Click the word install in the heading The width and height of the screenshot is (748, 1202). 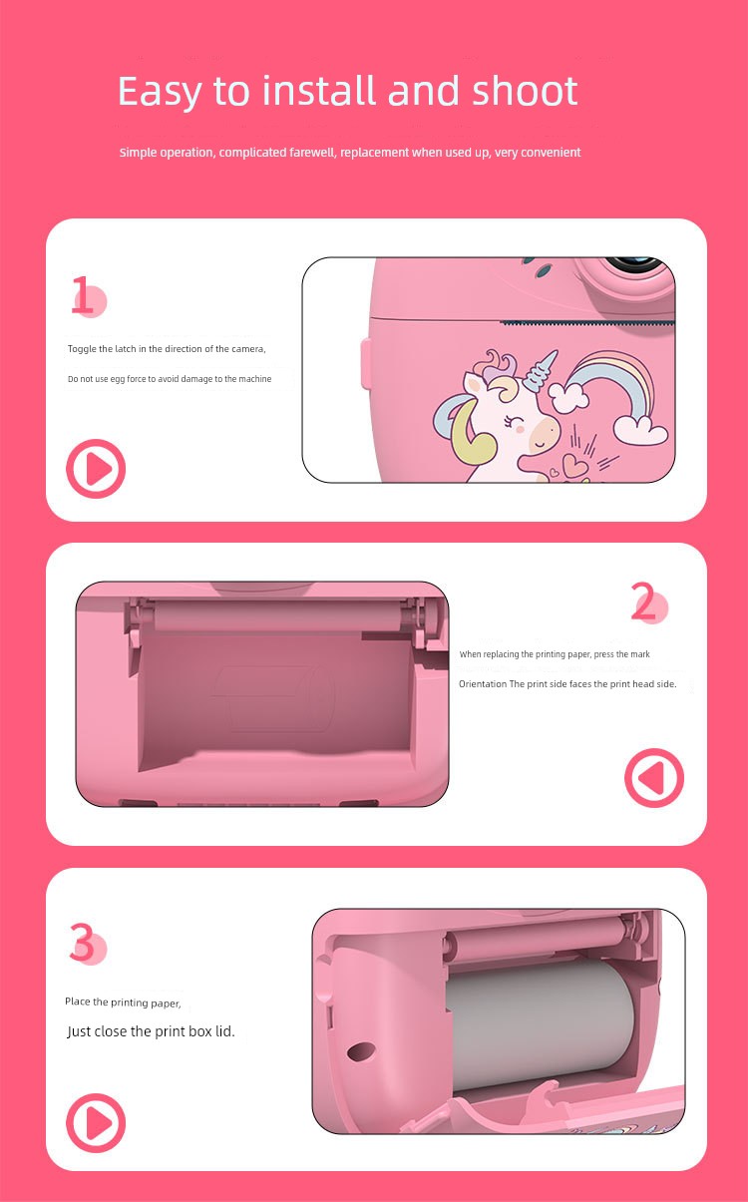(x=318, y=90)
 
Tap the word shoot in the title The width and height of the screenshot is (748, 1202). (x=525, y=90)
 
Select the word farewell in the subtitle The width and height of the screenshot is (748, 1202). (x=312, y=153)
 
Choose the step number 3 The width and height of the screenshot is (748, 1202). (x=82, y=942)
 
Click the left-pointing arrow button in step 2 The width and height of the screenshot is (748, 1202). (x=654, y=777)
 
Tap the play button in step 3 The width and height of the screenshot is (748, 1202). (x=96, y=1123)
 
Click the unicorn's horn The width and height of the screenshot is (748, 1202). (x=539, y=369)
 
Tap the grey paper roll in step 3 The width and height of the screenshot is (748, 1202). (x=541, y=1024)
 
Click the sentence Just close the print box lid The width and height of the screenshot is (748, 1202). (x=151, y=1031)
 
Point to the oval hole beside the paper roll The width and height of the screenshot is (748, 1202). (x=361, y=1051)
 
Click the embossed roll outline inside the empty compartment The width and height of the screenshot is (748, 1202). (x=272, y=698)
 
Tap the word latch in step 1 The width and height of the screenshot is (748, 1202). (x=126, y=349)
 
